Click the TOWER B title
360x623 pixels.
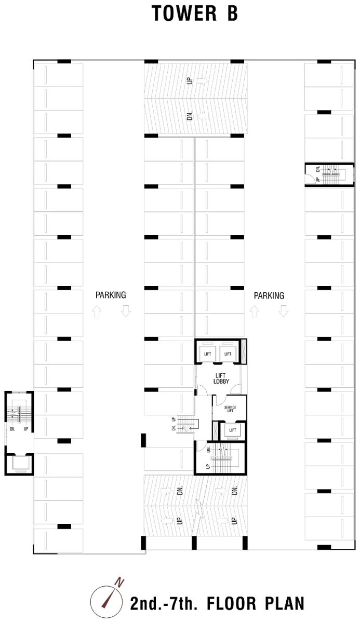click(x=195, y=13)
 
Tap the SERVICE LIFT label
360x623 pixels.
click(x=230, y=409)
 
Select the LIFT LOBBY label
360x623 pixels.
click(x=221, y=378)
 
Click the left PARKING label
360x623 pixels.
click(x=111, y=295)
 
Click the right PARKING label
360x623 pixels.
click(x=269, y=295)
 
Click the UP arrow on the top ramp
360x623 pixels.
click(x=202, y=81)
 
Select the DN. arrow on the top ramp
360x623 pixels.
click(x=203, y=115)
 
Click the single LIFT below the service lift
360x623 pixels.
click(x=233, y=430)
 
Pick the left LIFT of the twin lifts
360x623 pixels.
click(x=208, y=354)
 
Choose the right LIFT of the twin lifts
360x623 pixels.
click(x=228, y=354)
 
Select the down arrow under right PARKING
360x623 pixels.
click(x=284, y=311)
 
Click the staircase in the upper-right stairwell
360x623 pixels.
click(x=331, y=174)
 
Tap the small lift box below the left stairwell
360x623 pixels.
click(x=19, y=464)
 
